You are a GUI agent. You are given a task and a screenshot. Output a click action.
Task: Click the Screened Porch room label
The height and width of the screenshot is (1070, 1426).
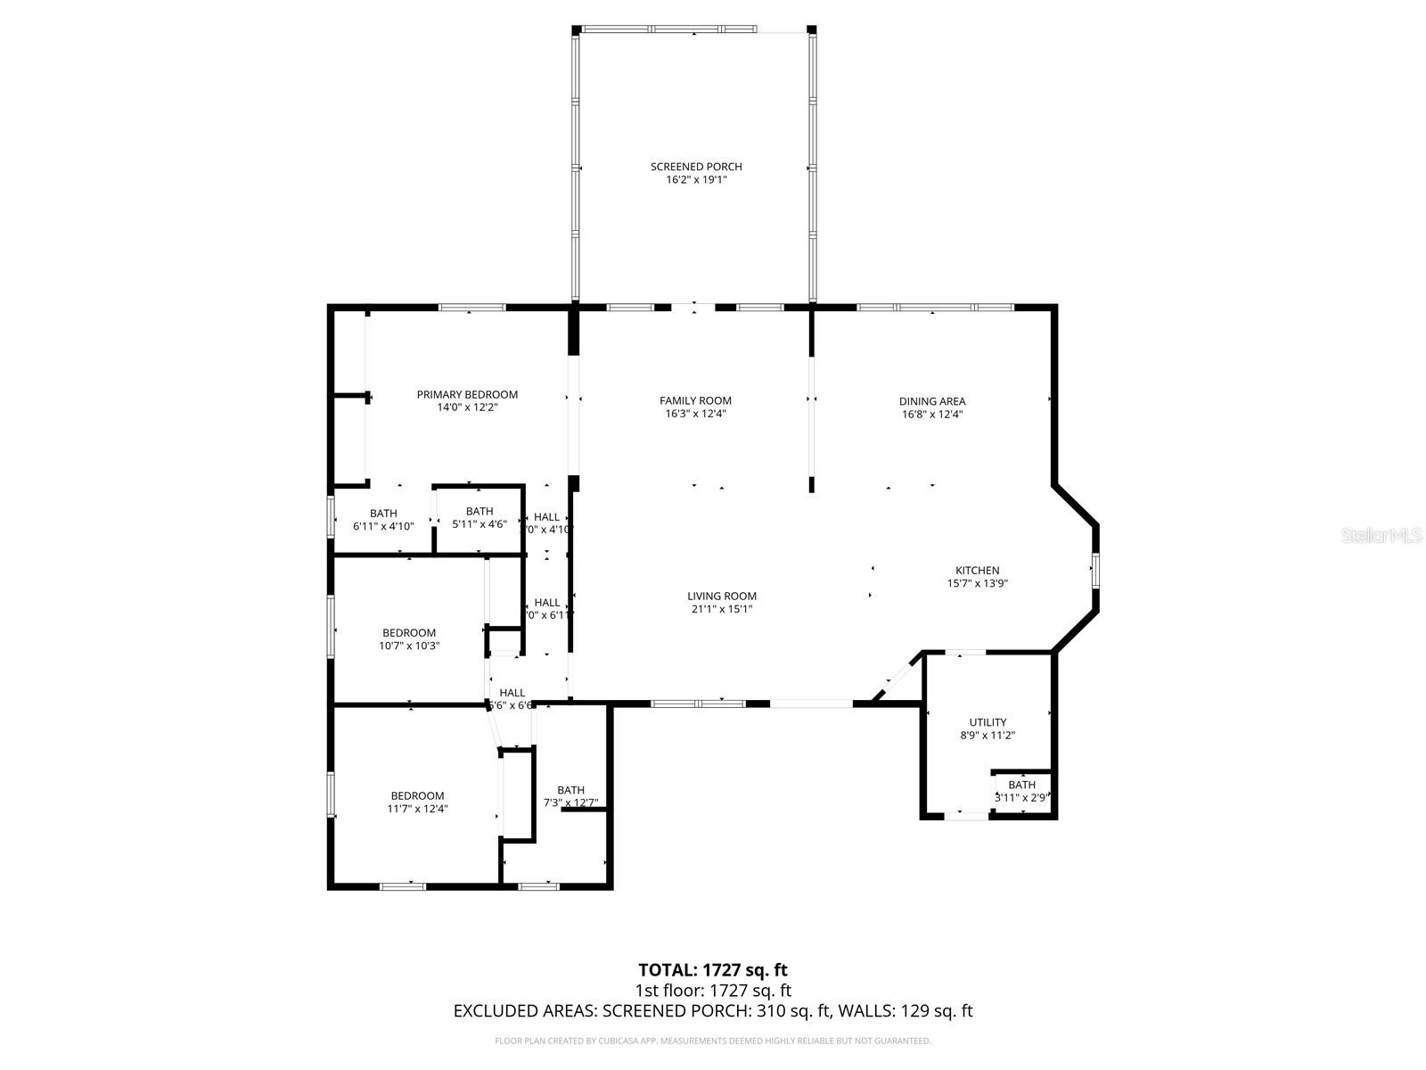pos(696,167)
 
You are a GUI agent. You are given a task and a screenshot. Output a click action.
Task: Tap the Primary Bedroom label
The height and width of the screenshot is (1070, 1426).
pos(467,394)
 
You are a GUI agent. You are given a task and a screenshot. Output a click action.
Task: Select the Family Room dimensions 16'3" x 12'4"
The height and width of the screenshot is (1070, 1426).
pos(695,414)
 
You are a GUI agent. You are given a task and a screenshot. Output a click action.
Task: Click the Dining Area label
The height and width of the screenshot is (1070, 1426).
pos(932,401)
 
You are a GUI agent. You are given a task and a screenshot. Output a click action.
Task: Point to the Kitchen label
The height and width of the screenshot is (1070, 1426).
pos(978,571)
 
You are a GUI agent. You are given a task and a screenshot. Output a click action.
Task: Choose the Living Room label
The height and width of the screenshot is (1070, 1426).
pos(722,597)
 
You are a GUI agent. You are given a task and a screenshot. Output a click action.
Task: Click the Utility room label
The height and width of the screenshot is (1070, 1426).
pos(988,722)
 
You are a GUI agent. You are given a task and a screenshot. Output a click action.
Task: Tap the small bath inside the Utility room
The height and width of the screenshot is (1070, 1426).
pos(1022,791)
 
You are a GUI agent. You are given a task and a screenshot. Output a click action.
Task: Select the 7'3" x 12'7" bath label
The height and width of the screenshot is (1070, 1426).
pos(570,796)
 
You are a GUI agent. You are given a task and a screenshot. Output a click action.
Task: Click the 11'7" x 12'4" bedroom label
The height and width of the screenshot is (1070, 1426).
pos(417,802)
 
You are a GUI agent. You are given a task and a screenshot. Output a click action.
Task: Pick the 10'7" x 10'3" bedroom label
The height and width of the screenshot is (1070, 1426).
pos(409,639)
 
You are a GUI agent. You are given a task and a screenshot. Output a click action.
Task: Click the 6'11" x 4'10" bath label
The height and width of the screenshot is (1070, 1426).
pos(383,519)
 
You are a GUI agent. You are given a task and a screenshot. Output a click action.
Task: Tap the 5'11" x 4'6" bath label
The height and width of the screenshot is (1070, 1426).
pos(479,517)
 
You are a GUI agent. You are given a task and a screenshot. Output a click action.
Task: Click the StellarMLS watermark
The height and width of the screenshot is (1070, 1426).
pos(1382,535)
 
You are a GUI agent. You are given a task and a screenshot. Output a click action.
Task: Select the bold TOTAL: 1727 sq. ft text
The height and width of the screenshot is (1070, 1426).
pos(713,969)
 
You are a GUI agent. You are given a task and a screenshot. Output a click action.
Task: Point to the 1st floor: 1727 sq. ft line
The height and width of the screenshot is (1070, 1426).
pos(713,991)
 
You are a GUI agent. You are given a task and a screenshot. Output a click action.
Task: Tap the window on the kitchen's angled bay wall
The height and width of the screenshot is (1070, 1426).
pos(1096,571)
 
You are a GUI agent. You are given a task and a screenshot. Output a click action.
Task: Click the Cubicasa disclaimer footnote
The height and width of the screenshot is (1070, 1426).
pos(713,1041)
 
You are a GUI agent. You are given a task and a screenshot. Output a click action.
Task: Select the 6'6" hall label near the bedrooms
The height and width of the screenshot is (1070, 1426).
pos(512,699)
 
